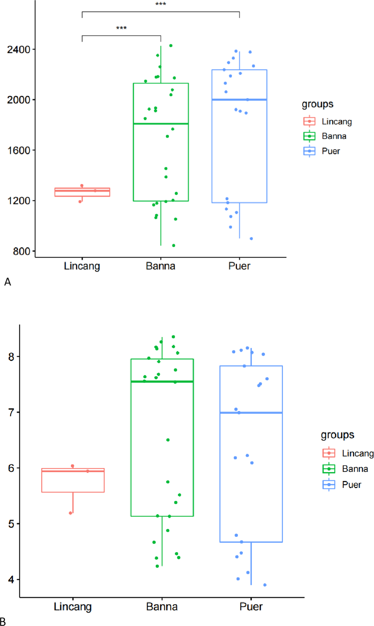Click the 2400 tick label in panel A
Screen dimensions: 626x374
(19, 49)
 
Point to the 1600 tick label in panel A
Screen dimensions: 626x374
(19, 150)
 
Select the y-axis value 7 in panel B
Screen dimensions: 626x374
(11, 412)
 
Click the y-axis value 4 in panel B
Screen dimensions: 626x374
(11, 579)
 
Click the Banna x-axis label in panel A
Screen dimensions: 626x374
(161, 266)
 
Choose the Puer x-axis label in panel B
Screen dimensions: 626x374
(251, 607)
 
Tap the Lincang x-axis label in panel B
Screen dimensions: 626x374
(73, 607)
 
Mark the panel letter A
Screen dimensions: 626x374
(8, 282)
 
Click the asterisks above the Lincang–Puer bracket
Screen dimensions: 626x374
(161, 4)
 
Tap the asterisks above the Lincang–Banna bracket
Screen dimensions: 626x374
(121, 28)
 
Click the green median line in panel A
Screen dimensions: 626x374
(161, 124)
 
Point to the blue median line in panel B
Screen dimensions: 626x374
(251, 413)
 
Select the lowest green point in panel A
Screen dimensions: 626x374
(174, 246)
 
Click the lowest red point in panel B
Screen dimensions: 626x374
(70, 513)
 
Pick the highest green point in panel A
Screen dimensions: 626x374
(171, 46)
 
